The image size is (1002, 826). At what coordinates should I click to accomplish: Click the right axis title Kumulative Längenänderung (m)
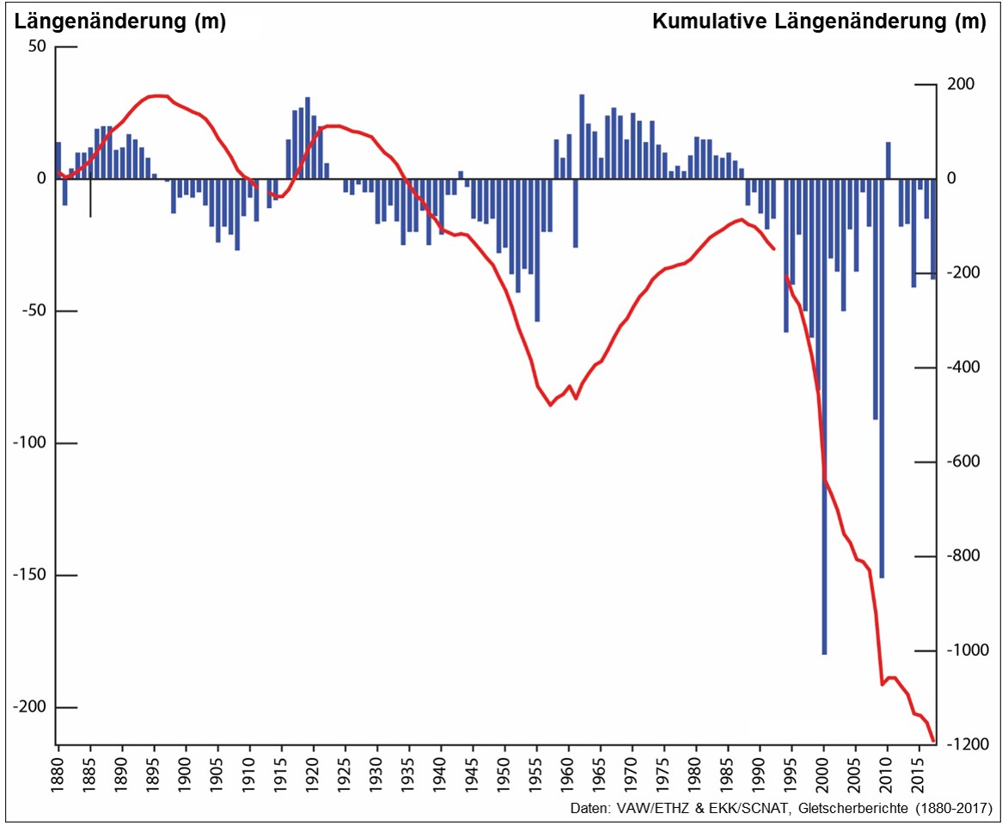(819, 22)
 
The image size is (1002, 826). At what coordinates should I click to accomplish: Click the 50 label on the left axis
(36, 46)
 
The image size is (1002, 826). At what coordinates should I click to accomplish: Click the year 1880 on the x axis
(58, 772)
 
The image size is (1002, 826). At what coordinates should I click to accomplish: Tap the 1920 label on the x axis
(314, 772)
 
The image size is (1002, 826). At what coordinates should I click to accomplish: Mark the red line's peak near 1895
(157, 95)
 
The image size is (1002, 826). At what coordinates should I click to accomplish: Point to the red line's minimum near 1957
(550, 405)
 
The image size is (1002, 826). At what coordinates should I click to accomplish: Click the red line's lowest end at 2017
(933, 740)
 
